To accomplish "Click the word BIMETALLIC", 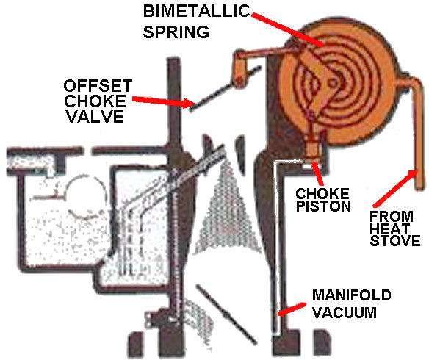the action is tap(196, 11).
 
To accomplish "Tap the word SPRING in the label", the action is tap(176, 32).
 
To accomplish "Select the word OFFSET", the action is tap(98, 86).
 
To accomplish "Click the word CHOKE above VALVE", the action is tap(95, 101).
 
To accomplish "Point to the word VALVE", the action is tap(95, 116).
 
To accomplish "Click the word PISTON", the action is tap(323, 206).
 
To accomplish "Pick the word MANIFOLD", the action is tap(352, 295).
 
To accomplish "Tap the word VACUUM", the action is tap(345, 312).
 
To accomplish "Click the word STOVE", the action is tap(395, 240).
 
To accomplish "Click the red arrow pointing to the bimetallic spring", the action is tap(287, 29).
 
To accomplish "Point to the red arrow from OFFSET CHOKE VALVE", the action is tap(164, 101).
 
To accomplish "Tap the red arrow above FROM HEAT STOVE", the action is tap(394, 188).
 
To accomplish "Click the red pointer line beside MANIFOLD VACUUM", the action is tap(292, 309).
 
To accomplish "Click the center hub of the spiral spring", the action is tap(334, 82).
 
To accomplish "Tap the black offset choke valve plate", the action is tap(226, 88).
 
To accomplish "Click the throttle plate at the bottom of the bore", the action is tap(226, 314).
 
